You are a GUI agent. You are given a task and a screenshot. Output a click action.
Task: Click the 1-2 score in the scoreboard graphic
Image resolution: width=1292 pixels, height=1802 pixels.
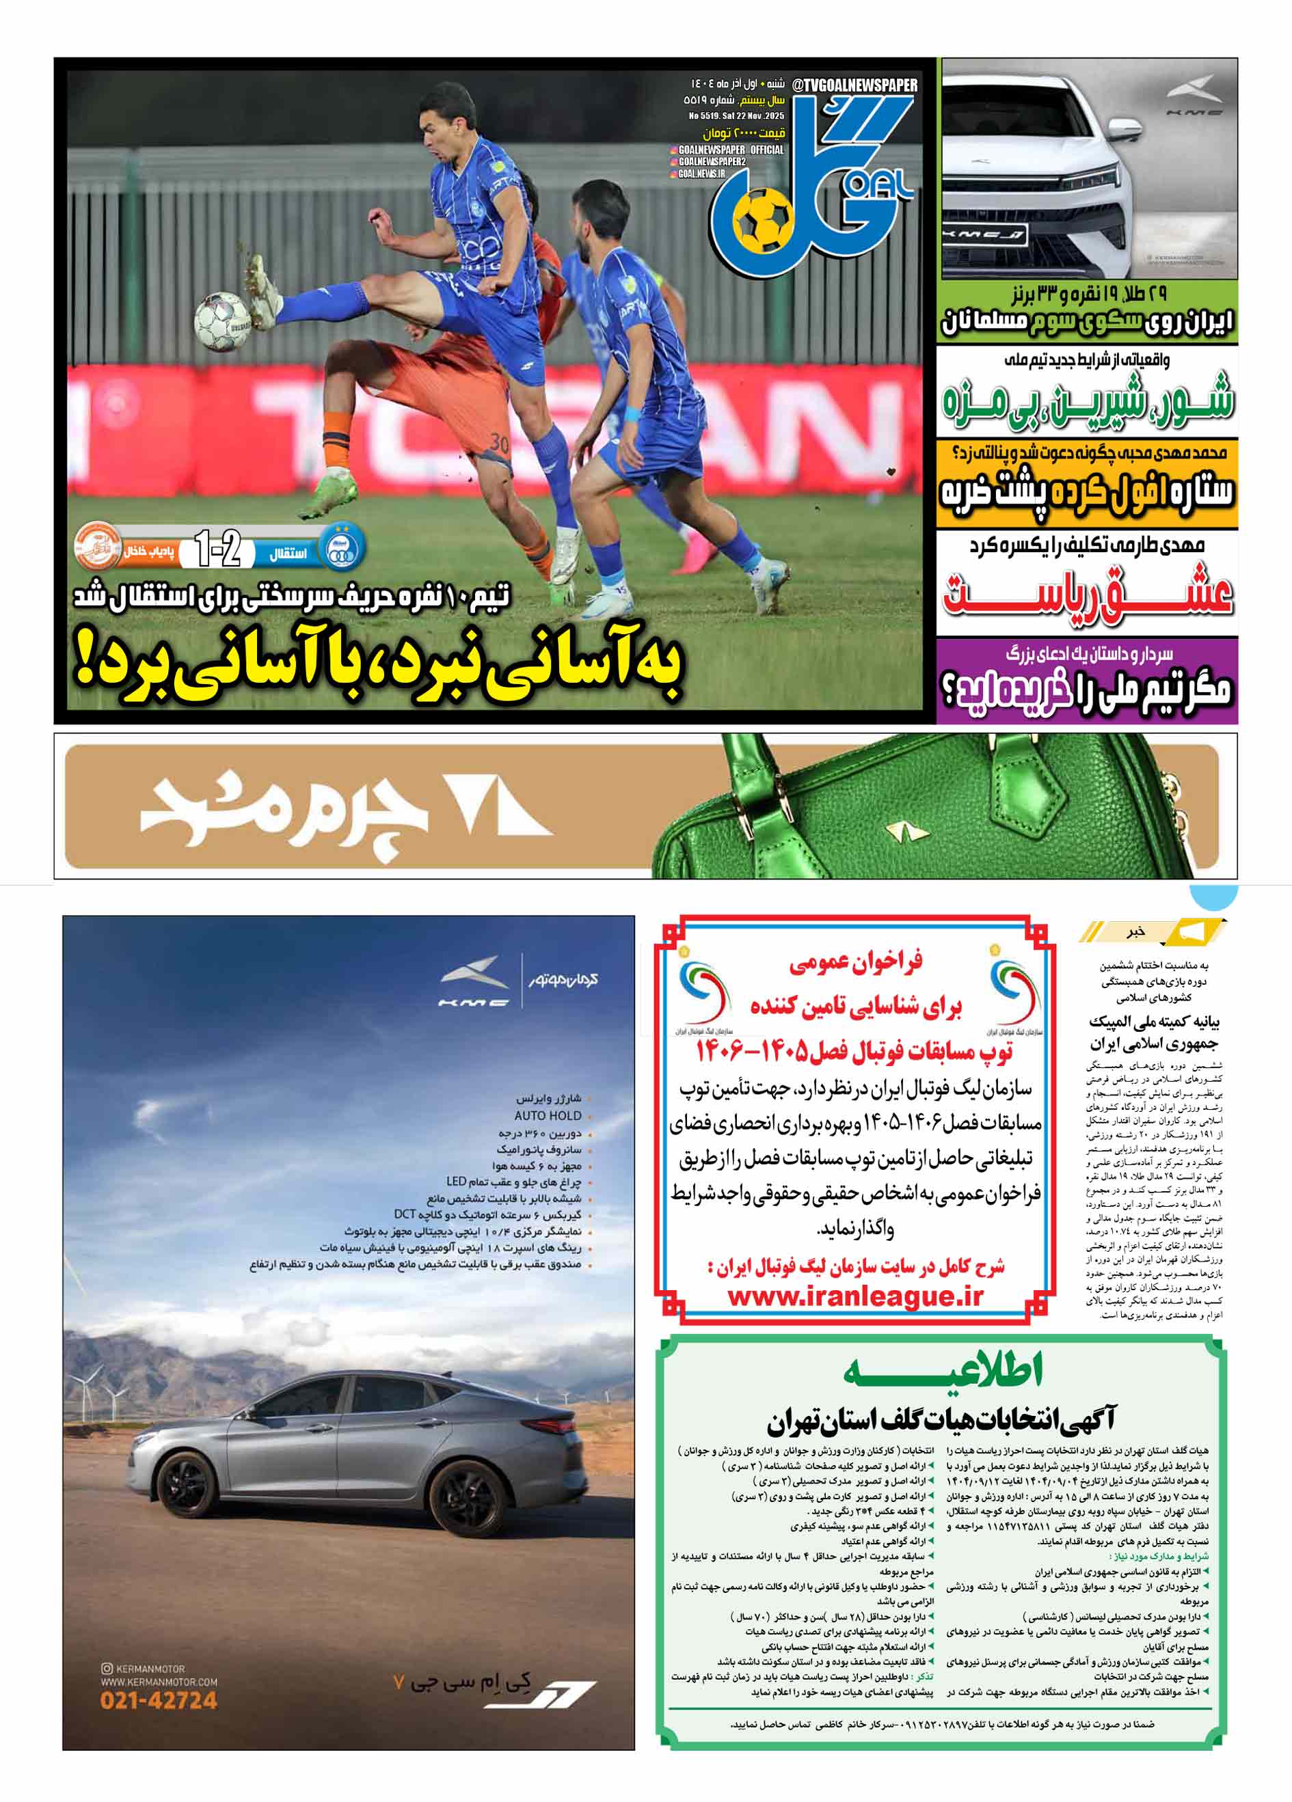[x=217, y=549]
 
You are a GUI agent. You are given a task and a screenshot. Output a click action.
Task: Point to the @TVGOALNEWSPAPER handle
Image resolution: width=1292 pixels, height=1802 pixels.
[x=855, y=85]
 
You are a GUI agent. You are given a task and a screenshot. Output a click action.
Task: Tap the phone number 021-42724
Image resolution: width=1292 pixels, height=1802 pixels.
[x=159, y=1700]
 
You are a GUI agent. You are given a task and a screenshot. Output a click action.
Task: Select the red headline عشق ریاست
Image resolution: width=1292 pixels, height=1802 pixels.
[x=1087, y=592]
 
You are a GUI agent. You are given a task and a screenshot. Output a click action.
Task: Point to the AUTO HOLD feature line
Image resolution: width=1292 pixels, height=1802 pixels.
[x=548, y=1115]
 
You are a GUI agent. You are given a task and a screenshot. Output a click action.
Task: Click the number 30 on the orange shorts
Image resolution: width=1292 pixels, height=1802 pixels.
[x=500, y=443]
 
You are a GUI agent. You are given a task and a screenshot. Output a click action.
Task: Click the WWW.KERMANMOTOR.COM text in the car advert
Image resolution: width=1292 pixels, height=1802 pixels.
[x=159, y=1682]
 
